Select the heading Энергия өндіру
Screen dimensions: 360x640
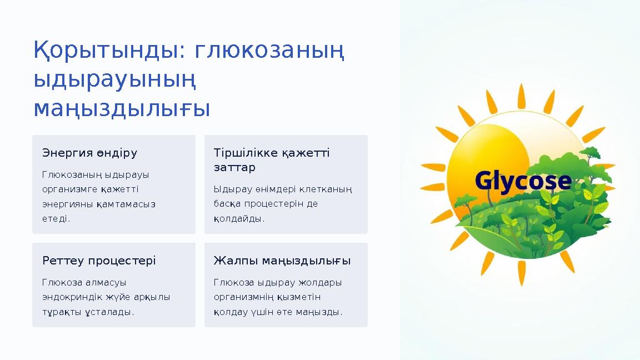click(x=90, y=153)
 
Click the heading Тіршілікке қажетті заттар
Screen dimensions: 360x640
click(x=272, y=160)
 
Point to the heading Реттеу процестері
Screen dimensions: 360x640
click(x=99, y=261)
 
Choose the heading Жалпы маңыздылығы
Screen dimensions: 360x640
click(x=282, y=261)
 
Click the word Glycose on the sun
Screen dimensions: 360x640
click(x=523, y=181)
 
